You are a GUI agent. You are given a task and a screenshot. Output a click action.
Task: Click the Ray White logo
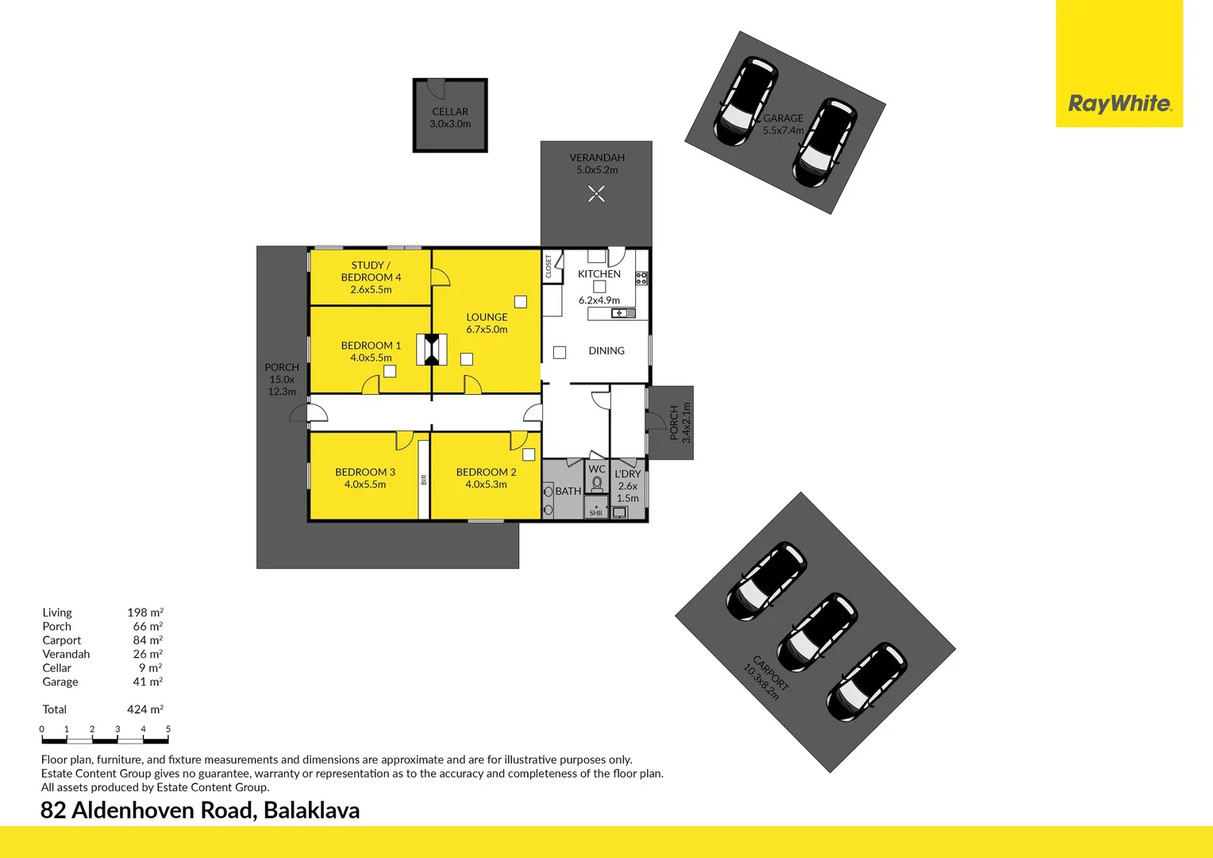click(1119, 103)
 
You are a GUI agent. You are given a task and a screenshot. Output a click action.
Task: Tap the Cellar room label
click(450, 112)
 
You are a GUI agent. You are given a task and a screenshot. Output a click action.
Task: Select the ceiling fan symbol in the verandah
click(596, 193)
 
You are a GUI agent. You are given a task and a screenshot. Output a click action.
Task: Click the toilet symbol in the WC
click(597, 484)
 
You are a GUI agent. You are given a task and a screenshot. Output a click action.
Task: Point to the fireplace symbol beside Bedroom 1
click(432, 350)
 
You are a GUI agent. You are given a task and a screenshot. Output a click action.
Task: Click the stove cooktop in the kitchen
click(641, 278)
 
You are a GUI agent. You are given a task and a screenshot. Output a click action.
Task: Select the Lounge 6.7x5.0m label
click(487, 323)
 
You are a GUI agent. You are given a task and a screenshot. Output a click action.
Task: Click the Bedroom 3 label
click(365, 472)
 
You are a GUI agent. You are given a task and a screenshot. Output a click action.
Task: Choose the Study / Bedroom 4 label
click(371, 272)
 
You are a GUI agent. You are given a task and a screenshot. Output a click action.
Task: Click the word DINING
click(606, 350)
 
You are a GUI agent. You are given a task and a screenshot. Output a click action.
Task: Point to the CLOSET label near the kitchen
click(549, 266)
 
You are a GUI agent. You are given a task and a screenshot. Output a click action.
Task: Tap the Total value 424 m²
click(144, 709)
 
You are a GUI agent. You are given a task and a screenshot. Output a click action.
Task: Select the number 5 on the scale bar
click(168, 729)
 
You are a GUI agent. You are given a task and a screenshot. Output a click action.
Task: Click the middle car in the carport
click(816, 632)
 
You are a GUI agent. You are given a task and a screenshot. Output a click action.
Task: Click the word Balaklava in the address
click(311, 810)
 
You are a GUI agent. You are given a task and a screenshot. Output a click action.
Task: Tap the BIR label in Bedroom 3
click(424, 479)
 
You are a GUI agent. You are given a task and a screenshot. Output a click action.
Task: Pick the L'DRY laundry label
click(627, 474)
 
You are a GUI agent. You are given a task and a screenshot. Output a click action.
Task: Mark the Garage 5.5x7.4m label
click(783, 124)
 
